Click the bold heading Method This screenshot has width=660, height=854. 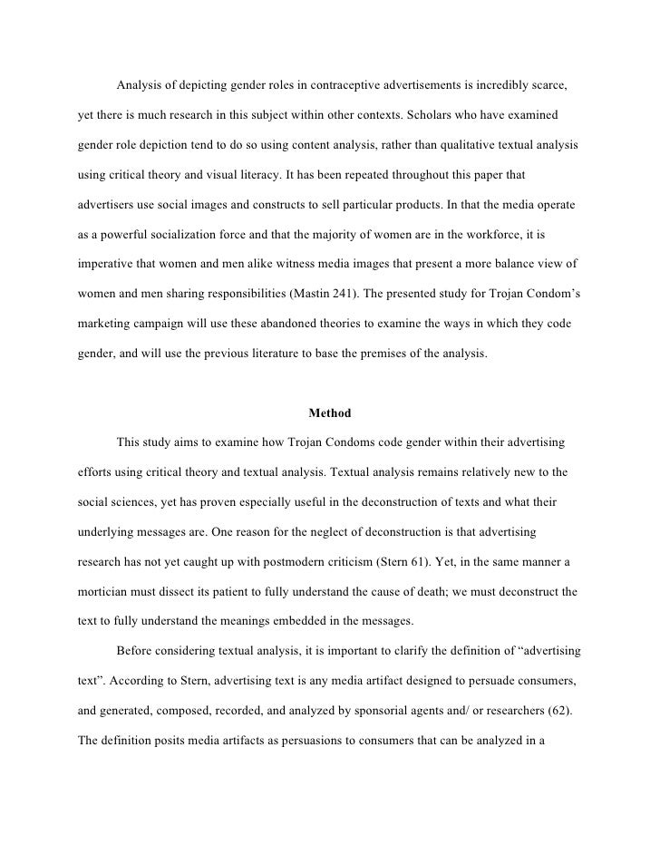[329, 413]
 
